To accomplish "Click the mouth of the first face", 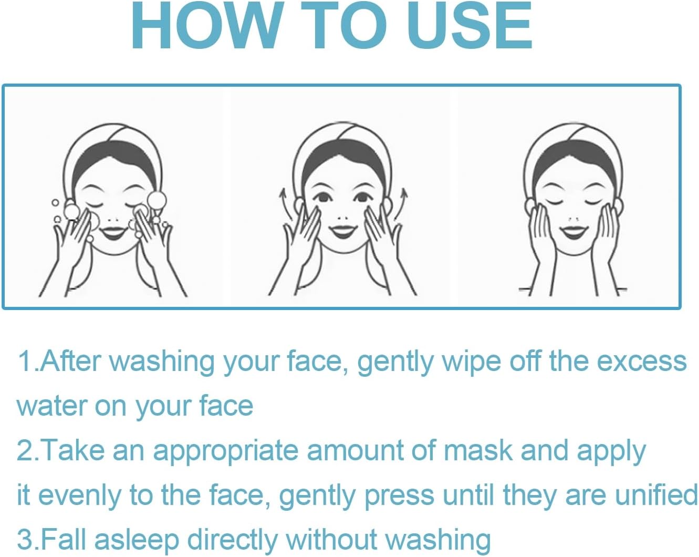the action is pyautogui.click(x=112, y=233).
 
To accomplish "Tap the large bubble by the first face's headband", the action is pyautogui.click(x=157, y=201).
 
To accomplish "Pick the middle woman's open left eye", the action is pyautogui.click(x=323, y=197).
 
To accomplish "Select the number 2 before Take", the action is pyautogui.click(x=24, y=450).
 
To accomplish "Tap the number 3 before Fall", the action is pyautogui.click(x=24, y=539).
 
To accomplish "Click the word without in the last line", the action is pyautogui.click(x=331, y=539).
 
